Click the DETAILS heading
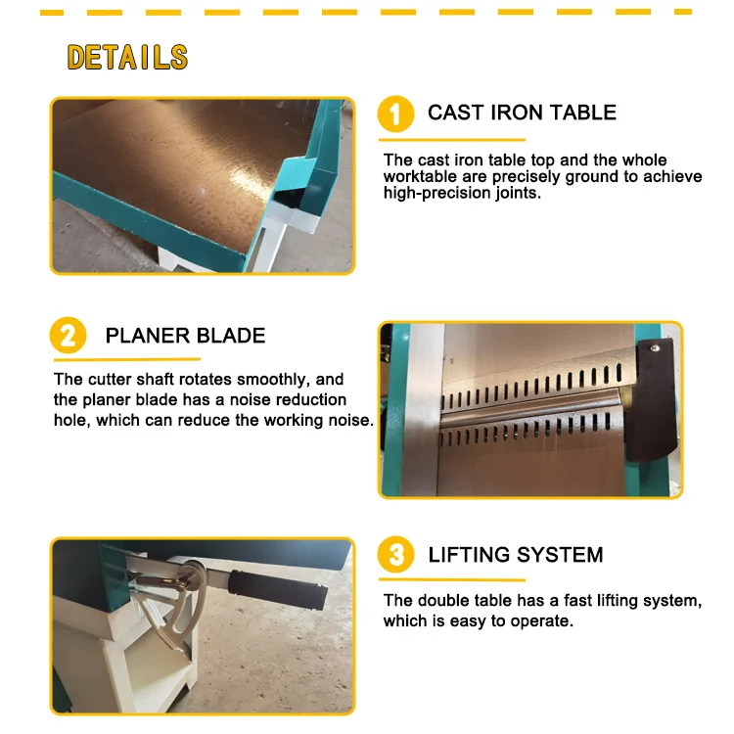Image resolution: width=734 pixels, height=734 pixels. [127, 57]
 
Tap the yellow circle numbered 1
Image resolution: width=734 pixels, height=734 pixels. [396, 114]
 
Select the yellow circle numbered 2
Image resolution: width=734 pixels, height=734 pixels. [68, 337]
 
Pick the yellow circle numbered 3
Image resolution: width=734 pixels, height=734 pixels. [396, 556]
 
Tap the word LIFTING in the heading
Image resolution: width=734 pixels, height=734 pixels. [466, 555]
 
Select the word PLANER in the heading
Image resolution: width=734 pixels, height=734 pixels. [143, 336]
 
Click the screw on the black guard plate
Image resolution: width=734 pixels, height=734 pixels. [655, 346]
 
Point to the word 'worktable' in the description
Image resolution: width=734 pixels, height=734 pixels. [419, 176]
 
